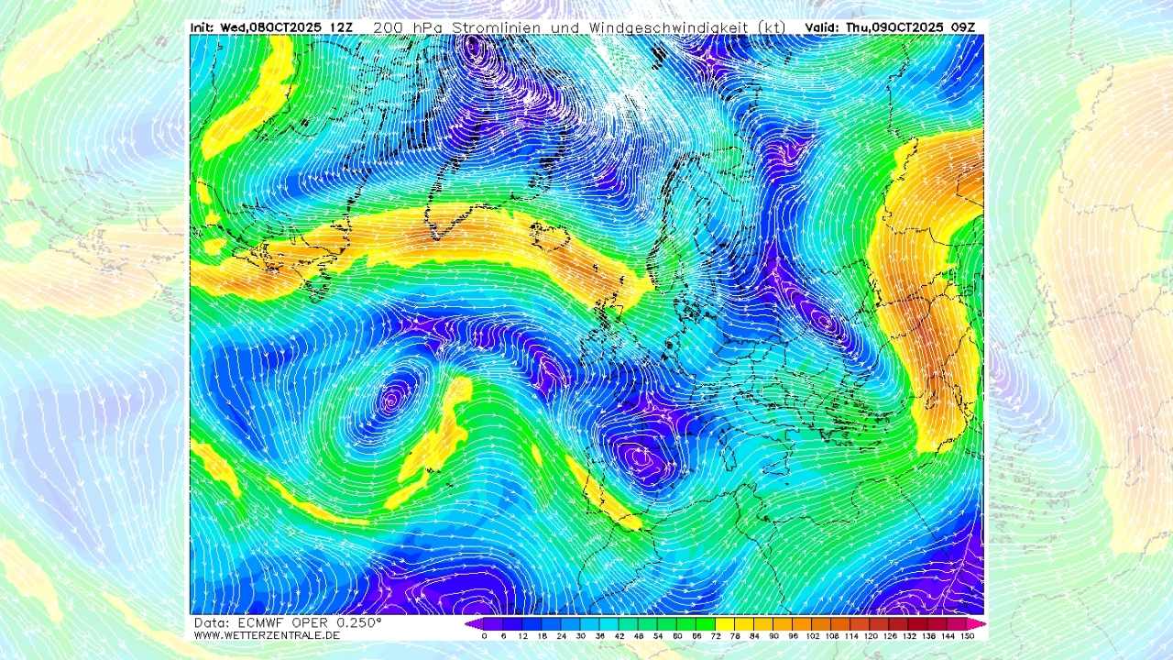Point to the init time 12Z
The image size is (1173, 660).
340,27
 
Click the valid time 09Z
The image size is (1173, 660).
969,27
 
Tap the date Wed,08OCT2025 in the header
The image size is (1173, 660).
271,27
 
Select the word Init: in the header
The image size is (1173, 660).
203,27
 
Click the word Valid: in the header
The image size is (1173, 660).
822,27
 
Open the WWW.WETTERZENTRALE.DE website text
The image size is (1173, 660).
267,635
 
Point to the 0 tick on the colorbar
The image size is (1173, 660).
484,635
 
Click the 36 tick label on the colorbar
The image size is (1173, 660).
600,635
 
